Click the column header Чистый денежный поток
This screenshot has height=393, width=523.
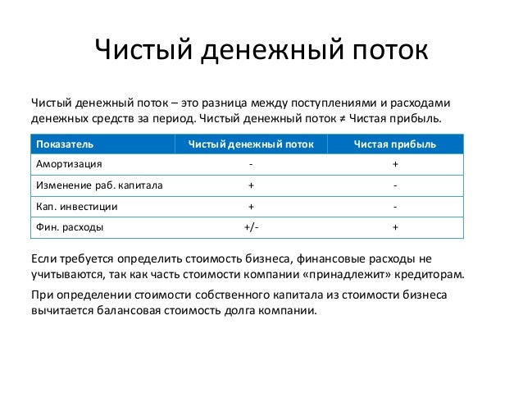pos(250,144)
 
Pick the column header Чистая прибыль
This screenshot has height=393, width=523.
pos(395,144)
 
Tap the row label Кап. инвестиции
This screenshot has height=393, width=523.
pos(75,207)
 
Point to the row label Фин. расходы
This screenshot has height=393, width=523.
pos(69,227)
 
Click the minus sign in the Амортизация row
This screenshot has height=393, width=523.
pos(251,165)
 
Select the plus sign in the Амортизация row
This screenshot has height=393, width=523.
pos(395,165)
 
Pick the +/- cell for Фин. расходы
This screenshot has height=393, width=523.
pos(251,227)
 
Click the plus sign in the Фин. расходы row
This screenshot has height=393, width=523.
pos(395,227)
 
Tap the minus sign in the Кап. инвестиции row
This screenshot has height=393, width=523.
pos(395,207)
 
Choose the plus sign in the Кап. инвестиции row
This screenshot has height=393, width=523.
pos(251,207)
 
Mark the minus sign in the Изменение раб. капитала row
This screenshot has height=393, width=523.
pos(395,185)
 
